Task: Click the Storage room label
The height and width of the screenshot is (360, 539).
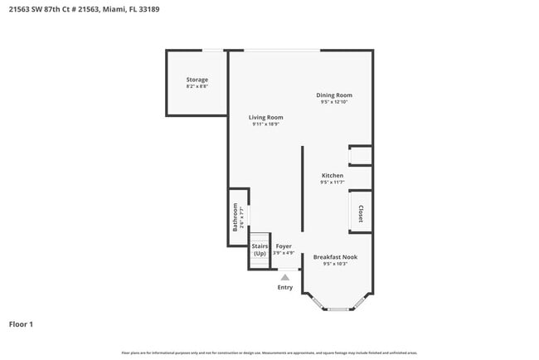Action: [x=197, y=80]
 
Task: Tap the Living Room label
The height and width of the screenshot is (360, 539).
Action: [x=266, y=118]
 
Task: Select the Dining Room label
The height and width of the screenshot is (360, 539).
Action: [x=334, y=95]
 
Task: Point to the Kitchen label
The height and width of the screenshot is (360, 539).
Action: [x=333, y=176]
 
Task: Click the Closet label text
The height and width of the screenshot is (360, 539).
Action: [x=361, y=214]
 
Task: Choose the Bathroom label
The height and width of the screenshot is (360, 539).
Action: [x=236, y=216]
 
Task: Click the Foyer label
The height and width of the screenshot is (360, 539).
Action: [x=284, y=246]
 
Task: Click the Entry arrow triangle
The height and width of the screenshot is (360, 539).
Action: [x=284, y=278]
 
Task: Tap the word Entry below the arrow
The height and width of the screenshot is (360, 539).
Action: [x=284, y=288]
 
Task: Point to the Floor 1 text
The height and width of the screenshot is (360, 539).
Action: [x=21, y=324]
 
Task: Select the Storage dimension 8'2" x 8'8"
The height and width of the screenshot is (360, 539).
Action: [x=197, y=86]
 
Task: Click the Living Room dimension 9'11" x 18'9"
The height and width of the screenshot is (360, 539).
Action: [x=266, y=124]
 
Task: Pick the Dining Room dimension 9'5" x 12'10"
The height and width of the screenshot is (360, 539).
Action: [x=334, y=102]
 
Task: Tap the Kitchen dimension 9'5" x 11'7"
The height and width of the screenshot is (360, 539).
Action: [x=333, y=182]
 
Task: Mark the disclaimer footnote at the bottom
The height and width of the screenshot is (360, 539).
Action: [x=269, y=353]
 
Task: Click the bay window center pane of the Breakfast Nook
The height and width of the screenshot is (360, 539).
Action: [x=337, y=309]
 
